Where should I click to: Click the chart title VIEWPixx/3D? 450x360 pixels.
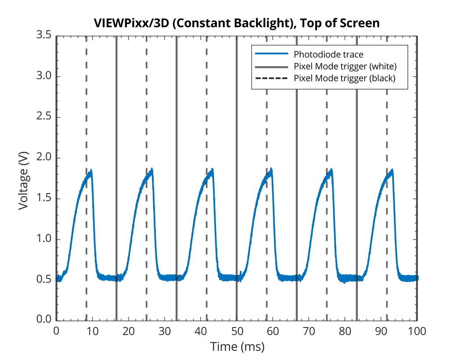click(132, 23)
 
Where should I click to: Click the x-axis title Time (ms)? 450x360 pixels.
click(237, 347)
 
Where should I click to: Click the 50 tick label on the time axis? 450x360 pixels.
click(237, 331)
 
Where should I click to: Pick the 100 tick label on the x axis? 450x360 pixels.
click(417, 331)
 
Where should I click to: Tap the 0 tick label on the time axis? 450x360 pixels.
click(56, 331)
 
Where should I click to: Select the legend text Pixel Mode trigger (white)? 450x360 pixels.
click(345, 66)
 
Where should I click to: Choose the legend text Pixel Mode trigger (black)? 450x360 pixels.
click(345, 78)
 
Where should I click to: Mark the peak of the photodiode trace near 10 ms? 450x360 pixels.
click(91, 171)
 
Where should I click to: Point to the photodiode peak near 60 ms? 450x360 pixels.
click(271, 169)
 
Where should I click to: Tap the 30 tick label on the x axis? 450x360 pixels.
click(164, 331)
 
